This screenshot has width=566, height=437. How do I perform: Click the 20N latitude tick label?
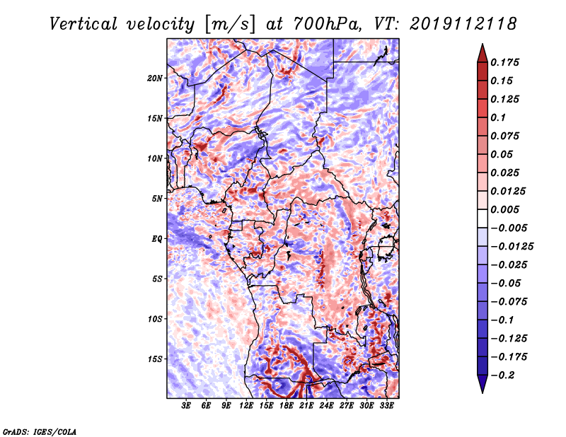click(x=155, y=78)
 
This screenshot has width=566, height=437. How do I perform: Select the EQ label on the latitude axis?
click(x=157, y=239)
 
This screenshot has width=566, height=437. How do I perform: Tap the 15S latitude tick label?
click(x=155, y=359)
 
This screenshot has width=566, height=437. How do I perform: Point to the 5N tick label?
click(x=157, y=199)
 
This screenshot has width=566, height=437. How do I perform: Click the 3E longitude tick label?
click(x=186, y=406)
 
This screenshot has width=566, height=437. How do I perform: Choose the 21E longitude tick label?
click(x=306, y=406)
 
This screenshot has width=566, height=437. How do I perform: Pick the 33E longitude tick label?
click(x=386, y=406)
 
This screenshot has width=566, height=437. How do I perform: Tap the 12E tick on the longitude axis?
click(x=246, y=406)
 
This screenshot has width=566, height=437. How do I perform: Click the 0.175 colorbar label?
click(x=504, y=62)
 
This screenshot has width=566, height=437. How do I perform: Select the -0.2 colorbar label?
click(x=502, y=375)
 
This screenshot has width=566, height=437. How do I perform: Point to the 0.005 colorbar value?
click(x=504, y=209)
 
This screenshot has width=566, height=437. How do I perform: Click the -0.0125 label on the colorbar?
click(x=512, y=247)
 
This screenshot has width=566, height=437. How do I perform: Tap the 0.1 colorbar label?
click(x=498, y=117)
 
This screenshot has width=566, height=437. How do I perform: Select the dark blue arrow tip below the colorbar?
click(x=483, y=392)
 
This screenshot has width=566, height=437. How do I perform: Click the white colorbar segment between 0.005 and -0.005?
click(x=483, y=218)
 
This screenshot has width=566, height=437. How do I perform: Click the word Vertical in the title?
click(x=83, y=24)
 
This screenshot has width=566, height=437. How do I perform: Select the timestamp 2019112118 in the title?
click(x=463, y=24)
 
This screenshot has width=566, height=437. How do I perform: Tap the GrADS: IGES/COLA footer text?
click(x=40, y=431)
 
